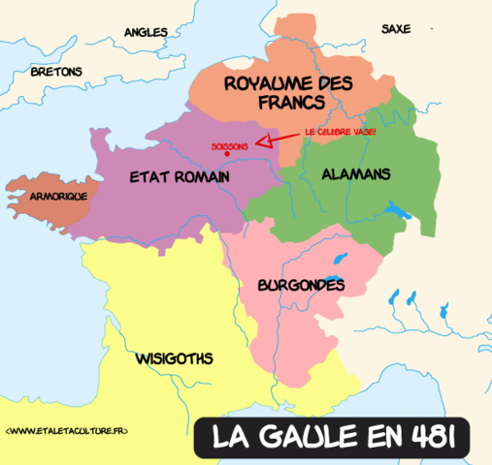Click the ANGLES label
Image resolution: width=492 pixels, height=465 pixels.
[x=146, y=32]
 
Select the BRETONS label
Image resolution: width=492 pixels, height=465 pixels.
[x=56, y=72]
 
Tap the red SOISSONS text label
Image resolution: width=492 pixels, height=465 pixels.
[x=229, y=145]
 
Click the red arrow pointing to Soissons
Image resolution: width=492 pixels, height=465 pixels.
[x=278, y=143]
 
